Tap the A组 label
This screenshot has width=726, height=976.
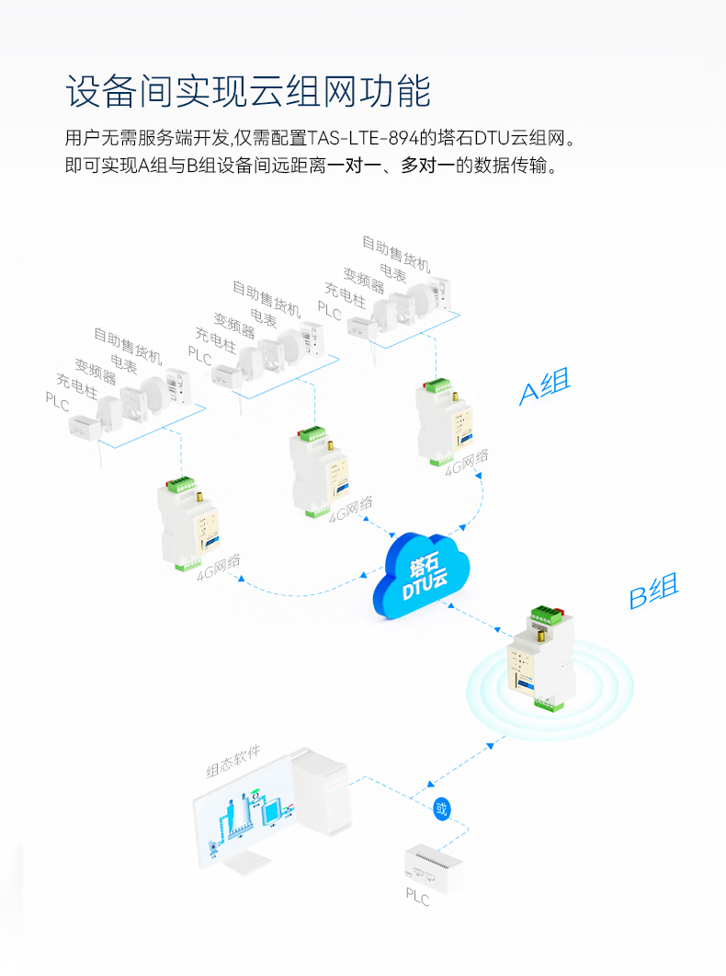pyautogui.click(x=544, y=387)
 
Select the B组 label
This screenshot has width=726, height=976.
pyautogui.click(x=653, y=591)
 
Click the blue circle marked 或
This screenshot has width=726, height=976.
pyautogui.click(x=442, y=810)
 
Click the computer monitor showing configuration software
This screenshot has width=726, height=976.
pyautogui.click(x=243, y=810)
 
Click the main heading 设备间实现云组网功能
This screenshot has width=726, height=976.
pyautogui.click(x=248, y=92)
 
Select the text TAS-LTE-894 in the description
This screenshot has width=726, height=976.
pyautogui.click(x=362, y=140)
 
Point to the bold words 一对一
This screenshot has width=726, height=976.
pyautogui.click(x=349, y=166)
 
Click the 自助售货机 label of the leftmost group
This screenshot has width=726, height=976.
pyautogui.click(x=128, y=342)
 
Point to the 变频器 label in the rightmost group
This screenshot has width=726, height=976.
pyautogui.click(x=363, y=280)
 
